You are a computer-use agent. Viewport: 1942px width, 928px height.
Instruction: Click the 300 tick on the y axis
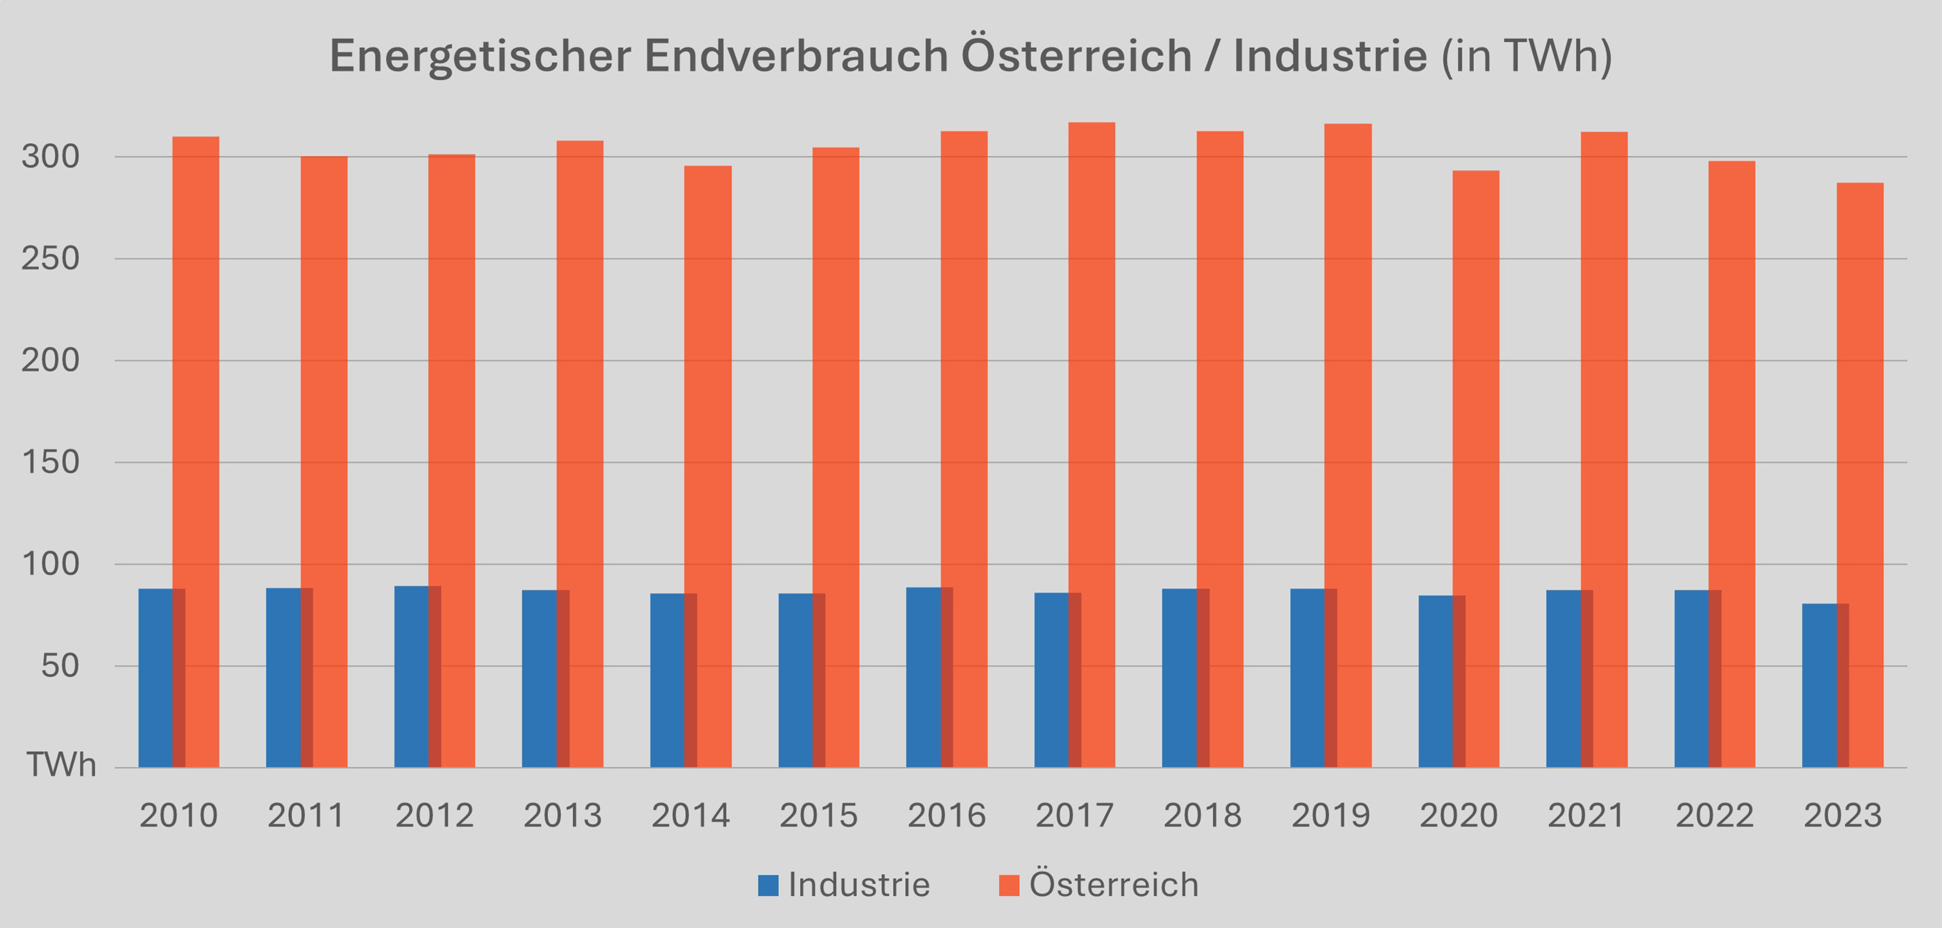[x=50, y=157]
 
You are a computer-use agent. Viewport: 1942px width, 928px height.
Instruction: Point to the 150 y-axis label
[x=50, y=462]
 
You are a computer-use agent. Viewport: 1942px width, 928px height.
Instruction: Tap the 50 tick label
[x=59, y=666]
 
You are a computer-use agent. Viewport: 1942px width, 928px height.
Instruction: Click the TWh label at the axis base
[x=62, y=765]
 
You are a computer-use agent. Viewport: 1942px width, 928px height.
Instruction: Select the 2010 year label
[x=178, y=816]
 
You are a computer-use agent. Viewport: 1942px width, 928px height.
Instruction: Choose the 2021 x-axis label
[x=1586, y=816]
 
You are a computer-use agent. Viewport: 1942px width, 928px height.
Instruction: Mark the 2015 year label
[x=818, y=816]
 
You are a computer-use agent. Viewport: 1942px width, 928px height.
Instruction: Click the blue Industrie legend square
[x=768, y=885]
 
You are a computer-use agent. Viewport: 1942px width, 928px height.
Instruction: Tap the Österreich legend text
[x=1114, y=884]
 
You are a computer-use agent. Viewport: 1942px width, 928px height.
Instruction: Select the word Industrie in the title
[x=1330, y=56]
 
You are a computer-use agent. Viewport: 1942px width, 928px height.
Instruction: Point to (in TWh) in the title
[x=1527, y=56]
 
